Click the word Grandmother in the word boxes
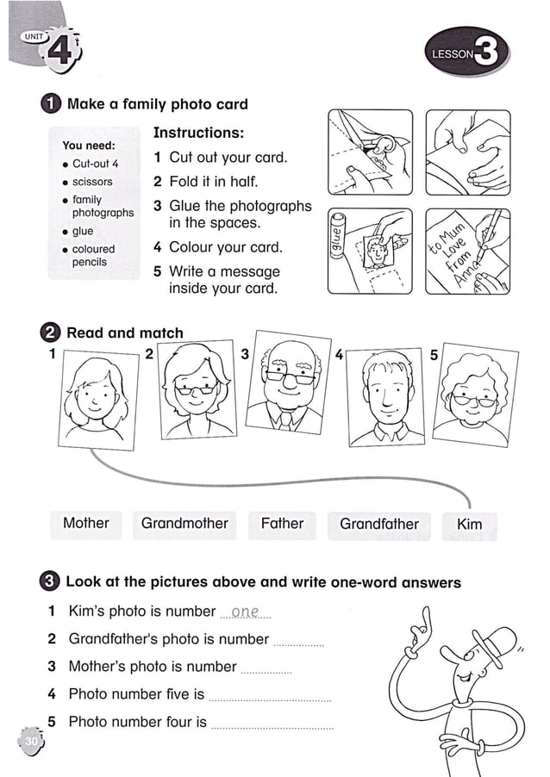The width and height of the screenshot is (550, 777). tap(184, 524)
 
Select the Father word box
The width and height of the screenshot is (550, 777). tap(282, 524)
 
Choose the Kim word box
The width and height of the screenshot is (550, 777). tap(469, 525)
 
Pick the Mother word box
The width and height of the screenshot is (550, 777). tap(86, 524)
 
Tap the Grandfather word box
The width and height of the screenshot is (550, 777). tap(378, 525)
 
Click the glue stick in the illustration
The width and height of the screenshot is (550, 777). tap(338, 239)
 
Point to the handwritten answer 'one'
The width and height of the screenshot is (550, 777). tap(246, 612)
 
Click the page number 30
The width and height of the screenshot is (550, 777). tap(31, 741)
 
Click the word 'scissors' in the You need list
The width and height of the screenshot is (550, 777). tap(92, 182)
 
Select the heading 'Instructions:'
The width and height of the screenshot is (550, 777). tap(198, 133)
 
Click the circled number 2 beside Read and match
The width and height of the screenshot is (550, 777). tap(51, 333)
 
